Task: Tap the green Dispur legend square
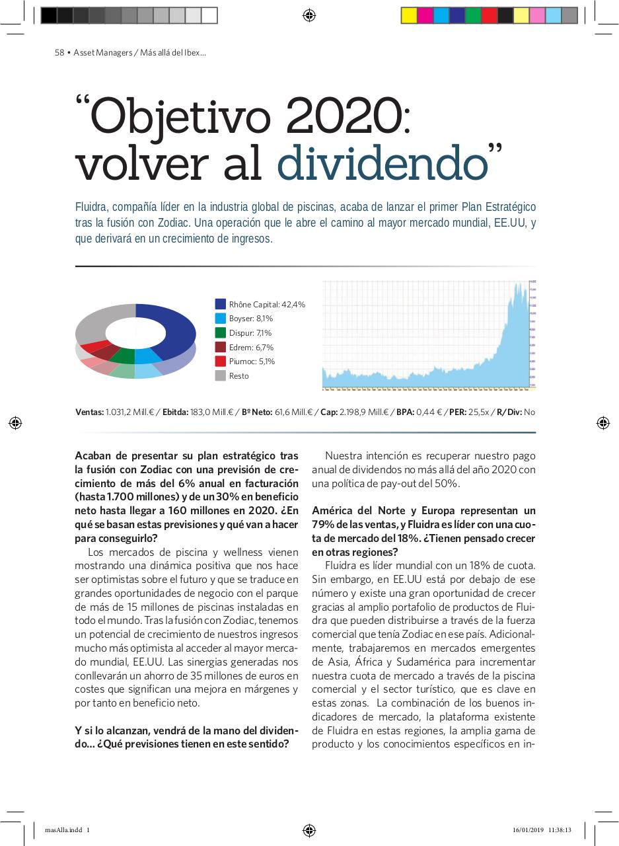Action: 221,332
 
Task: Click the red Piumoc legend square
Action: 221,361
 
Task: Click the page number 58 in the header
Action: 59,53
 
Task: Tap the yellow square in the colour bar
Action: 409,15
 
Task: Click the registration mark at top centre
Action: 309,15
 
